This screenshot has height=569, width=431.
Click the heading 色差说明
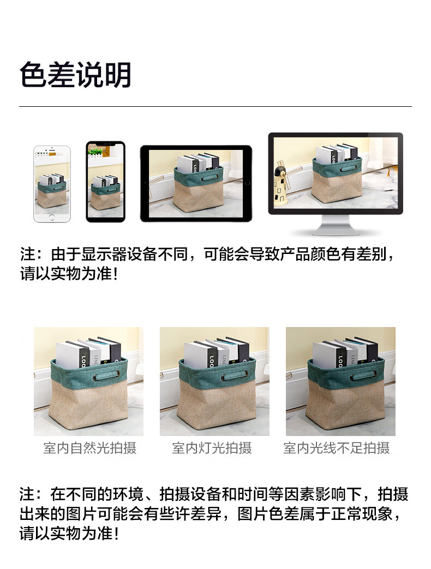coord(75,75)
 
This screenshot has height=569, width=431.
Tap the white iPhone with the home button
coord(52,184)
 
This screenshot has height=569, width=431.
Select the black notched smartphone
coord(106,181)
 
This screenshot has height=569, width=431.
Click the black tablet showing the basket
coord(196,183)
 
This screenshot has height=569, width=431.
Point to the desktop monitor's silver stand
coord(336,226)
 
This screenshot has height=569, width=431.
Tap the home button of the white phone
coord(52,217)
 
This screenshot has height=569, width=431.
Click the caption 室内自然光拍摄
coord(89,448)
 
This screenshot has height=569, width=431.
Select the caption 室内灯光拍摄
coord(212,448)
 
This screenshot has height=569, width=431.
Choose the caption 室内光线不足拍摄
coord(337,448)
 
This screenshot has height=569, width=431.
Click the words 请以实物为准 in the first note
coord(66,273)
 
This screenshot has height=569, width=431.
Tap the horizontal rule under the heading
coord(215,107)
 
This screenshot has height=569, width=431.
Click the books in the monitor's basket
coord(337,153)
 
